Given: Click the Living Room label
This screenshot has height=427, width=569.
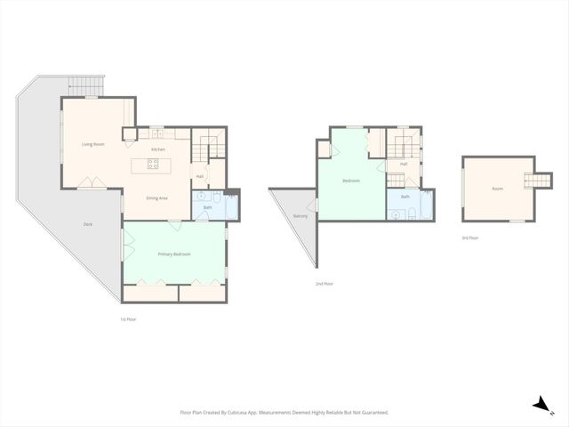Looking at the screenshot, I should coord(93,144).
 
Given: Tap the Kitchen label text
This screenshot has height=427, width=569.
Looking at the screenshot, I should coord(157,149).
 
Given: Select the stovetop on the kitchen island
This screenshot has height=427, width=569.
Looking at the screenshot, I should coord(156,165).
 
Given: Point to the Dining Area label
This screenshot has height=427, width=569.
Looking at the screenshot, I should coord(156,197).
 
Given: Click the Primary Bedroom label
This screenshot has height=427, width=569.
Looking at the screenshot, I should coord(174,254).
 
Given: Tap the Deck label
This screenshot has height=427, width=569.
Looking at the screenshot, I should coord(87,224).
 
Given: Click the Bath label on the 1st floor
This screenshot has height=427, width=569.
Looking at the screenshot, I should coord(207,207).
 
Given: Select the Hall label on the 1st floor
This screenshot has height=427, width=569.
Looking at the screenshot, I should coord(200,176).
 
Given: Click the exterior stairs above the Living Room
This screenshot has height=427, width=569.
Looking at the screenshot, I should coord(86,85).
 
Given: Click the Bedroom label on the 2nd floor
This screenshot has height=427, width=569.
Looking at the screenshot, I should coord(351,181).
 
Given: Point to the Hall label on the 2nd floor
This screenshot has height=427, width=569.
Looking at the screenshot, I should coord(403,164).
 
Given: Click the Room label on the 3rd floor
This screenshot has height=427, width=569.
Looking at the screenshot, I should coord(497,189).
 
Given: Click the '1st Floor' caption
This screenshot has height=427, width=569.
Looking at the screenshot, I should coord(128,318).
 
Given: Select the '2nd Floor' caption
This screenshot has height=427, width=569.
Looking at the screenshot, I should coord(325,284).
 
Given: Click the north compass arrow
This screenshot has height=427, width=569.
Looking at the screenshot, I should coord(539,405).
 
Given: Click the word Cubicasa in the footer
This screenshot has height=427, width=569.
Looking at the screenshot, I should coord(240,413).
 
